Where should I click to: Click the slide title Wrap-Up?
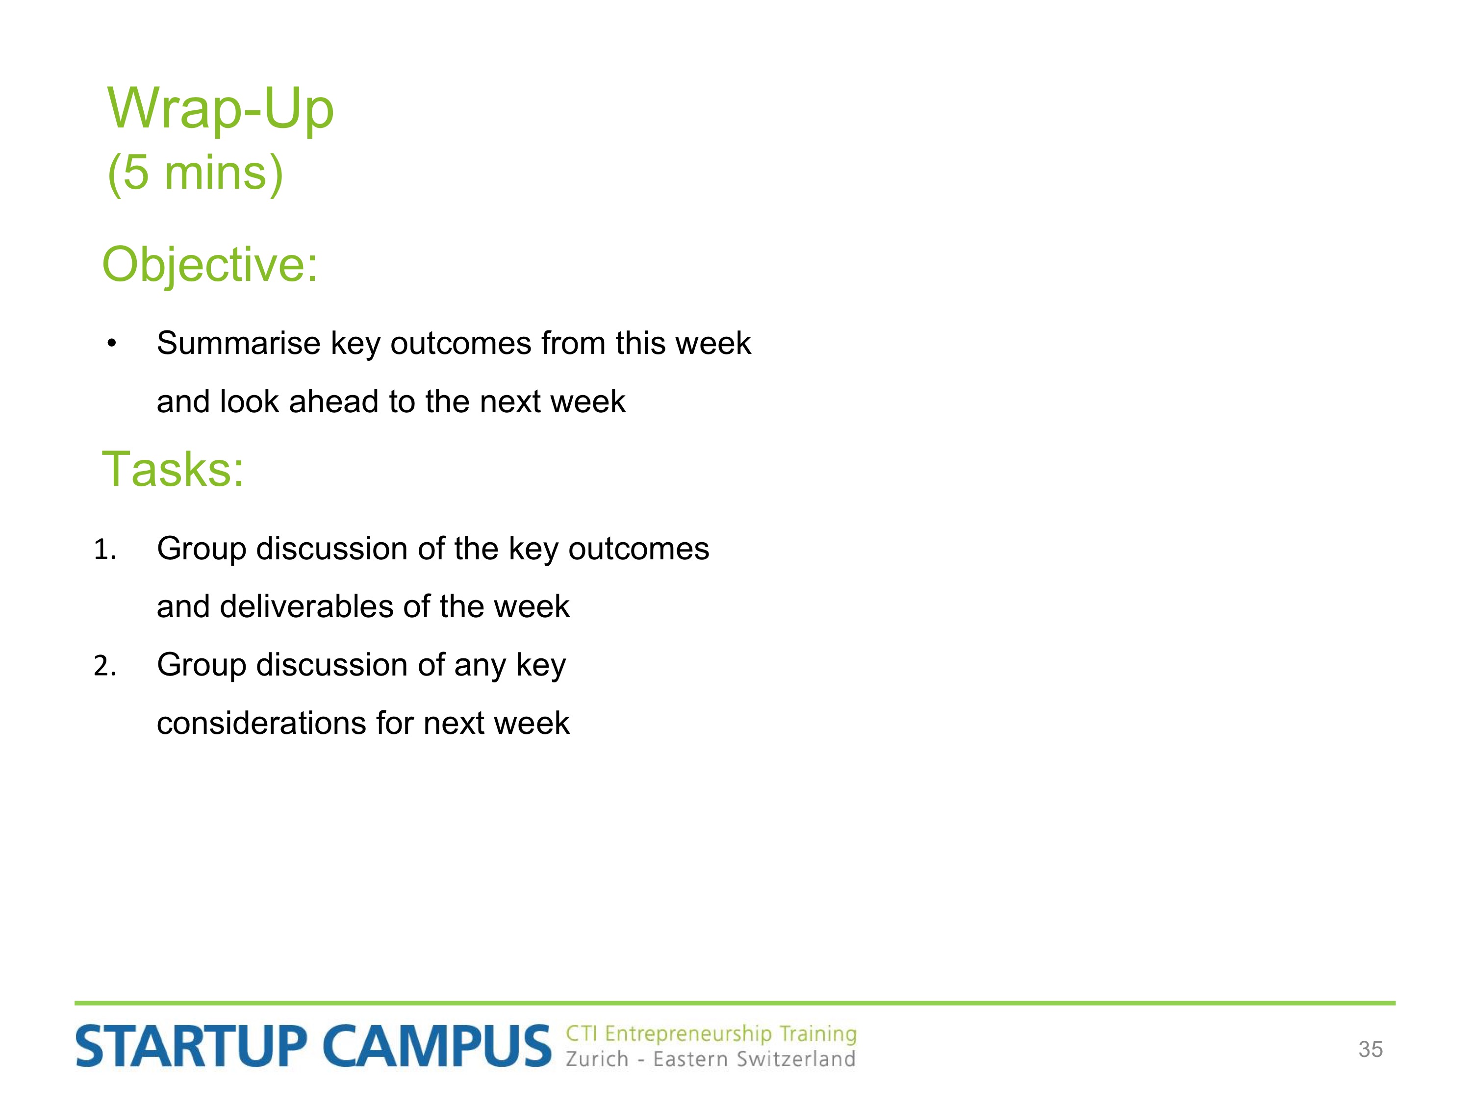coord(220,108)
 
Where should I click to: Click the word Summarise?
coord(239,343)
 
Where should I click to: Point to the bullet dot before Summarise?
coord(112,344)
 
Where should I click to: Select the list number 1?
coord(104,550)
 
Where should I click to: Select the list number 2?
coord(104,666)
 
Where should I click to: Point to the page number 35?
coord(1370,1049)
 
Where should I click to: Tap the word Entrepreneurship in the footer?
coord(688,1034)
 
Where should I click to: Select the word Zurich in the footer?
coord(597,1058)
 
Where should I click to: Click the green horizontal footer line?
coord(735,1003)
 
